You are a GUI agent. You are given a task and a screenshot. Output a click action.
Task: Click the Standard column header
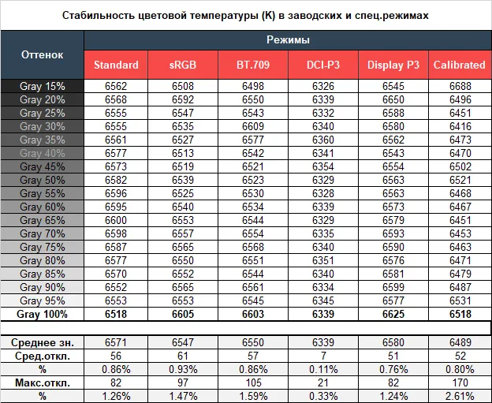(116, 65)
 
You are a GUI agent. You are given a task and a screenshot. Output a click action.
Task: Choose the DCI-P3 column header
(322, 65)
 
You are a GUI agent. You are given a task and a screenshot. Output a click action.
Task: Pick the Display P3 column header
(391, 65)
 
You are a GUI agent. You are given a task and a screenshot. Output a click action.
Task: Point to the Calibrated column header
(459, 65)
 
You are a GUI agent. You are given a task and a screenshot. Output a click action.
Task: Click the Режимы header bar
(287, 39)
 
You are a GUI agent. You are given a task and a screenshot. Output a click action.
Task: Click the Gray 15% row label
(43, 86)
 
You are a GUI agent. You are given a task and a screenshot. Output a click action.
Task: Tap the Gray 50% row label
(43, 180)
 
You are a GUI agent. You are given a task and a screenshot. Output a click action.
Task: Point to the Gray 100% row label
(43, 314)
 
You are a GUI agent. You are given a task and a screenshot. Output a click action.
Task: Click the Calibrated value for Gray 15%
(459, 86)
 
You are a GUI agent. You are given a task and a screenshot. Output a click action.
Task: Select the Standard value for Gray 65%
(116, 220)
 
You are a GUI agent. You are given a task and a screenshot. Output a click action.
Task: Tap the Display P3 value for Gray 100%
(391, 314)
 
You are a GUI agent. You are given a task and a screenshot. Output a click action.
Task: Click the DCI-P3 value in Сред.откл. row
(322, 355)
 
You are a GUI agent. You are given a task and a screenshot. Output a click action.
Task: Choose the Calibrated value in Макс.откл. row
(459, 382)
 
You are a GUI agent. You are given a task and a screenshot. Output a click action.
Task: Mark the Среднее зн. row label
(43, 341)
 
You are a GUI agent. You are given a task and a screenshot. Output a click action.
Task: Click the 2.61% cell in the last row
(459, 395)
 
